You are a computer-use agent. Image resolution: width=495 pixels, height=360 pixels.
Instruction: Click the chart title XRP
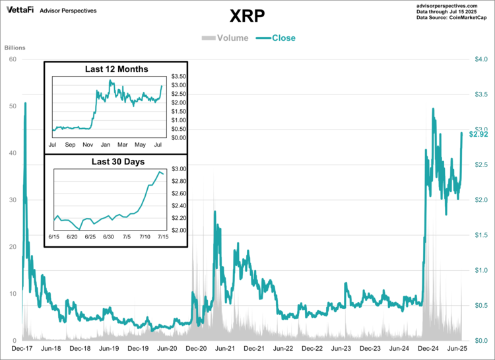coord(247,16)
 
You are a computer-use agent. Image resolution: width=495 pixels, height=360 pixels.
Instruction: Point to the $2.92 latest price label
coord(478,134)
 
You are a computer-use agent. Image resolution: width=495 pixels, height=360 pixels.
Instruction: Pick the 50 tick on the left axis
coord(13,106)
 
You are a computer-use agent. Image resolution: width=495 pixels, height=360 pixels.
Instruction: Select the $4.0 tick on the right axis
coord(481,59)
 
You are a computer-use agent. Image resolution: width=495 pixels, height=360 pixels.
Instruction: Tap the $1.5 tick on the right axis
coord(481,235)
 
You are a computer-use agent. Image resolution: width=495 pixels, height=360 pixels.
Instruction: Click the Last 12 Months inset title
coord(116,69)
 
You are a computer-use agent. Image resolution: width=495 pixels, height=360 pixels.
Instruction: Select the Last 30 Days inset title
coord(116,161)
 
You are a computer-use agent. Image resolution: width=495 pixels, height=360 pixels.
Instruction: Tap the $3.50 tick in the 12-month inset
coord(178,77)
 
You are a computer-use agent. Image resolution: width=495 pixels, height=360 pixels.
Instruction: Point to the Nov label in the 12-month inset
coord(87,143)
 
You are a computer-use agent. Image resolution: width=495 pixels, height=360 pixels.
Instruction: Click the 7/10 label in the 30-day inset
coord(145,236)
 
